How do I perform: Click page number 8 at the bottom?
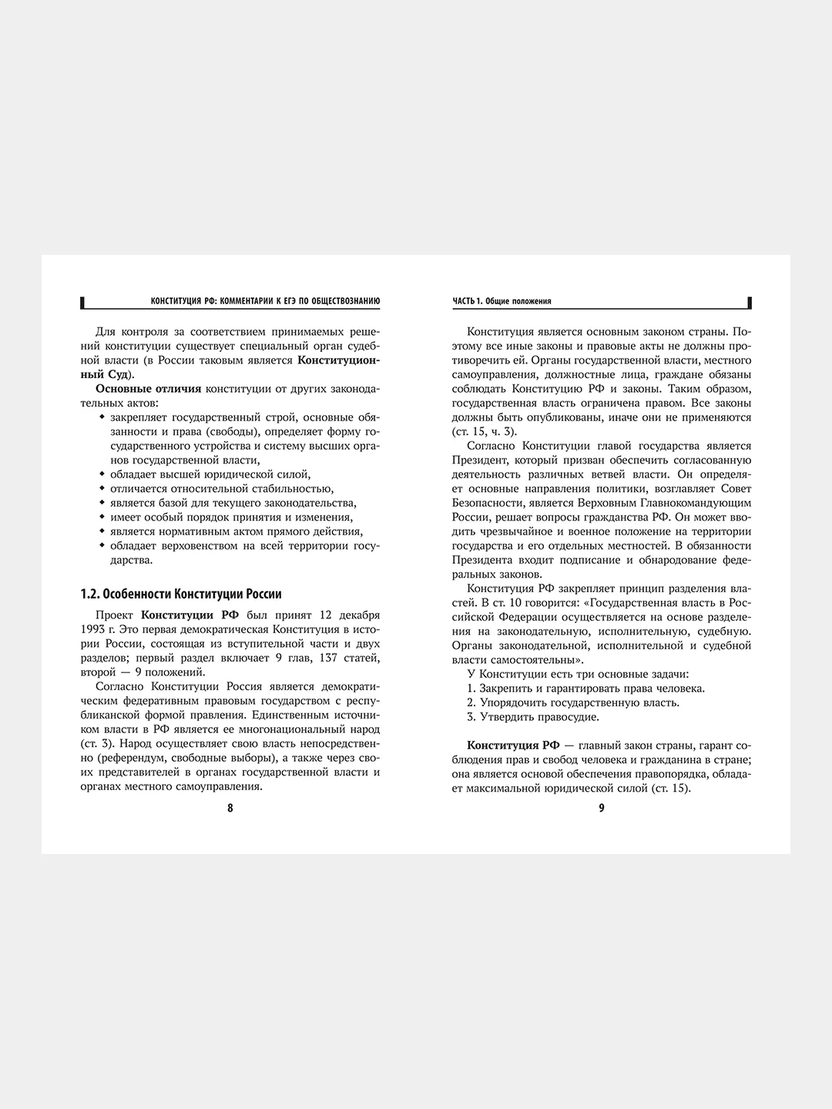230,808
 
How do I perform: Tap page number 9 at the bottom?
602,808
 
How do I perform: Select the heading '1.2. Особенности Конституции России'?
181,594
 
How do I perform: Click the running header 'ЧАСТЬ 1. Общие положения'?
502,301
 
